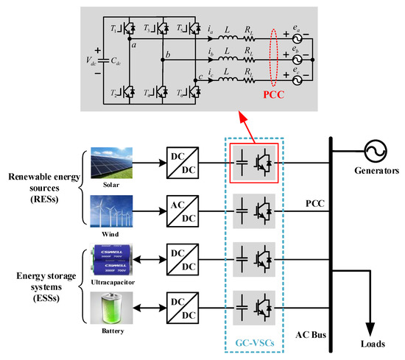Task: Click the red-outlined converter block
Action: (253, 161)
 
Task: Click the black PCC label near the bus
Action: (314, 200)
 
